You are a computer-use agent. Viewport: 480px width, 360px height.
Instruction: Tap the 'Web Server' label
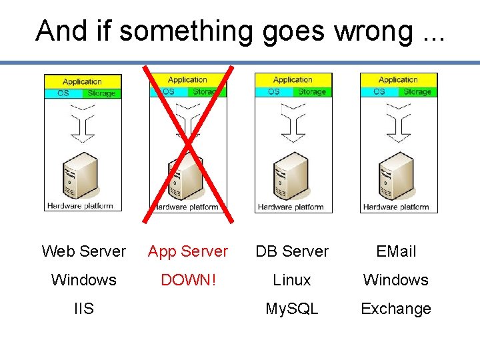pos(83,251)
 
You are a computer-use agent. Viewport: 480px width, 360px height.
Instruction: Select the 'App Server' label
pos(188,251)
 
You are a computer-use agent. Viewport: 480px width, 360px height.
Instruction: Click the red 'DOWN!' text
pos(188,280)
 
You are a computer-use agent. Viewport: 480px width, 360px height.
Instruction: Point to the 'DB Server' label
pos(292,251)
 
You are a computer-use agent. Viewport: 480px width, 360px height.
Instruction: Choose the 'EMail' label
pos(396,251)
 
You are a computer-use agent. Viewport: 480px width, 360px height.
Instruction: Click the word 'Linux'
pos(292,280)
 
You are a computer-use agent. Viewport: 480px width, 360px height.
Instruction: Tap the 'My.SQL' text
pos(292,309)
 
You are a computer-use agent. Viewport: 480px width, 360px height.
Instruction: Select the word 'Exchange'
pos(396,309)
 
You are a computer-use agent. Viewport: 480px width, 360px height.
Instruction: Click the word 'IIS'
pos(83,309)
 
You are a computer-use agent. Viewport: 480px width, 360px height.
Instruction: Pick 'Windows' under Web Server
pos(83,280)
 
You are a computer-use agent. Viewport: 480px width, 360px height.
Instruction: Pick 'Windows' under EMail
pos(396,280)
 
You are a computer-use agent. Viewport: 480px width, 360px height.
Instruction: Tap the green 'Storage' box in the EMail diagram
pos(417,92)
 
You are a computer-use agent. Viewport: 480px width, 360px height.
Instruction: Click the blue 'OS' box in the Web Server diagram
pos(63,93)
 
